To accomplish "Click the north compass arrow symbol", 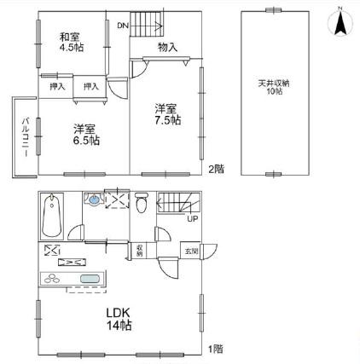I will (x=339, y=21).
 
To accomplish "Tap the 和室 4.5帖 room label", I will (x=71, y=43).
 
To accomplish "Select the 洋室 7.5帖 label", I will (x=167, y=115).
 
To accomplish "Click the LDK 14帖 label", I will (x=118, y=319).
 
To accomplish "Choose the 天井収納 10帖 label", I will (x=273, y=89).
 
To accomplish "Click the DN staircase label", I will (x=124, y=26).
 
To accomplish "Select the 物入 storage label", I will (x=167, y=48).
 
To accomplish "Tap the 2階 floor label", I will (x=217, y=169).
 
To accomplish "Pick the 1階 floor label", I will (x=217, y=348).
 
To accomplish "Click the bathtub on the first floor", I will (x=52, y=217).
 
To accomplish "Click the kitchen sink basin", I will (x=90, y=280).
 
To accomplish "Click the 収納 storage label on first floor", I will (x=139, y=251).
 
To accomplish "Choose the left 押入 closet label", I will (x=57, y=86).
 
